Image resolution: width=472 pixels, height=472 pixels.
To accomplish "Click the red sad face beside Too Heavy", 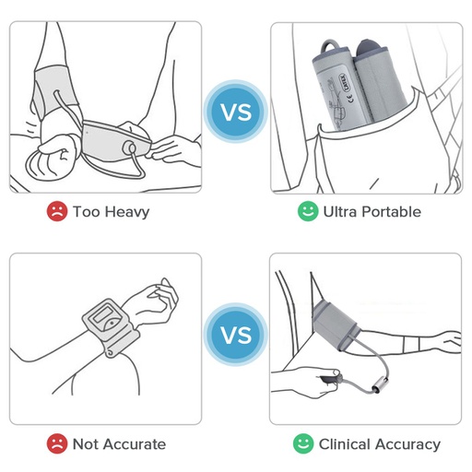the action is [x=57, y=211].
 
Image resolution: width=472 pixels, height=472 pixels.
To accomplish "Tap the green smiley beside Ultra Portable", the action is [x=308, y=211].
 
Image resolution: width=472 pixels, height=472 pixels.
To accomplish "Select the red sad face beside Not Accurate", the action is [x=57, y=443].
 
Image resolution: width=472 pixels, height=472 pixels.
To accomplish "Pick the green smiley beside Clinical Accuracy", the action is [x=303, y=443].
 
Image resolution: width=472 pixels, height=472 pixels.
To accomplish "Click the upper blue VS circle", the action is [x=236, y=112].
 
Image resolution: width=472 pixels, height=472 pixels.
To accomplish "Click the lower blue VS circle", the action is [x=236, y=335].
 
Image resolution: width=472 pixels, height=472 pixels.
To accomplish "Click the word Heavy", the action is [x=127, y=213].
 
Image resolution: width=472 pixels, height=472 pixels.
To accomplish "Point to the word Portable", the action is [x=391, y=212].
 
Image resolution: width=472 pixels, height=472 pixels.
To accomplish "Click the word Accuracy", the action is [x=407, y=445].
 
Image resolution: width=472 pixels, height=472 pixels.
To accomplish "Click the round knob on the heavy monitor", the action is [x=129, y=148].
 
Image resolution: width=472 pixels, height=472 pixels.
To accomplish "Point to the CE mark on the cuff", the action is [x=350, y=99].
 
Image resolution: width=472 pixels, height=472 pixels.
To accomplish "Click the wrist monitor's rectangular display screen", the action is [x=104, y=313].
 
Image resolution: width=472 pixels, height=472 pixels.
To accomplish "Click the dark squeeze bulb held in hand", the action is [x=330, y=380].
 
